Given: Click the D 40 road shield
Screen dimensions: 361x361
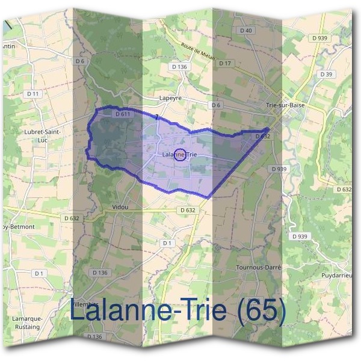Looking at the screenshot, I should pos(245,31).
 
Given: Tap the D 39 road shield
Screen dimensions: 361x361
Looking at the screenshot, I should pos(327,74).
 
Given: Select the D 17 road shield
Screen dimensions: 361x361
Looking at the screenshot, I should pos(226,63).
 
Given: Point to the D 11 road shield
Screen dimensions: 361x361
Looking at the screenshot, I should pos(33,94).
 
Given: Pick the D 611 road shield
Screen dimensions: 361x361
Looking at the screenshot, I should pos(122,114).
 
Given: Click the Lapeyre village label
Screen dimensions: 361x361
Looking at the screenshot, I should pos(170,96).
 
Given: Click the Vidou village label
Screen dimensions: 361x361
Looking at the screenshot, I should pos(120,207).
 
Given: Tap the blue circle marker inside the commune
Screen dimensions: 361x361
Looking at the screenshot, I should pos(179,155).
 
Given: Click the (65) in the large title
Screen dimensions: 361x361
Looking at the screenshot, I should pos(259,310).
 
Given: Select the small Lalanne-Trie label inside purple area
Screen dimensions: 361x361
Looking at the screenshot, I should pos(179,155).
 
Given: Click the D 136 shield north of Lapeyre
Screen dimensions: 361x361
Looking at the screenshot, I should pos(180,67).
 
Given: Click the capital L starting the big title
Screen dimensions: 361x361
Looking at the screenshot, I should pos(78,310).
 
